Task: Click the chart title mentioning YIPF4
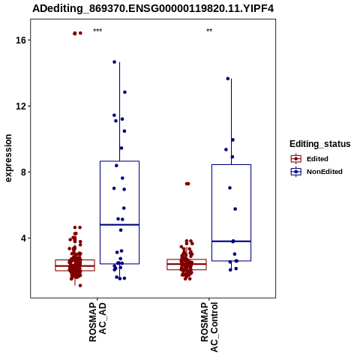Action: click(153, 8)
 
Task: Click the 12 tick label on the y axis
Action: click(21, 106)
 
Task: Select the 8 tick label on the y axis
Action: click(24, 172)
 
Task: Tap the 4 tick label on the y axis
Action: click(24, 238)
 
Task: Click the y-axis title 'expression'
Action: click(8, 158)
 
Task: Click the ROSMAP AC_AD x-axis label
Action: click(97, 322)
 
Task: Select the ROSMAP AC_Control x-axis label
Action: click(209, 327)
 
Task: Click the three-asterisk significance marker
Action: click(97, 31)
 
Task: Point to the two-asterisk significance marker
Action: click(209, 31)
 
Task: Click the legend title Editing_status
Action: click(320, 144)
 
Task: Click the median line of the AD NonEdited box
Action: click(119, 225)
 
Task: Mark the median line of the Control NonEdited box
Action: click(231, 241)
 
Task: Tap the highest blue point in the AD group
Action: click(115, 62)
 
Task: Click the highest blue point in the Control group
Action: click(228, 79)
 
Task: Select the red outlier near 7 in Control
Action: click(187, 184)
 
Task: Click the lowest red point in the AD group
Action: click(80, 286)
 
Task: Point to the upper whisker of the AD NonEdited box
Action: click(119, 112)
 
